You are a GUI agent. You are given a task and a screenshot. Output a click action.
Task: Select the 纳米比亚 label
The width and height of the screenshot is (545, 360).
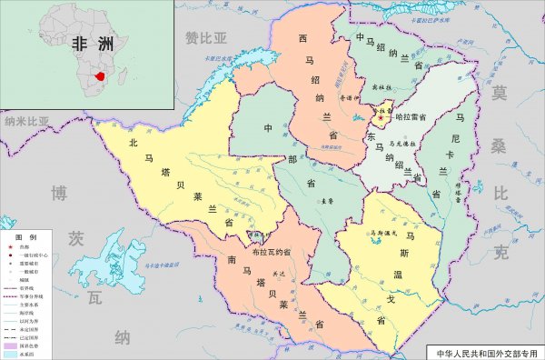[x=28, y=120]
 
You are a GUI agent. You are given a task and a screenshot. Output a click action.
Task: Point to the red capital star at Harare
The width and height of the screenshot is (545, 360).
[x=381, y=117]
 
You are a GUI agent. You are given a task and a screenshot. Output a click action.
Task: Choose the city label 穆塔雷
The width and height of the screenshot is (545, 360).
[x=461, y=192]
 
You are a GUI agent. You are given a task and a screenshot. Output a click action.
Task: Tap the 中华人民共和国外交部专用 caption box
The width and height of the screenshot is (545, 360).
[x=485, y=350]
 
